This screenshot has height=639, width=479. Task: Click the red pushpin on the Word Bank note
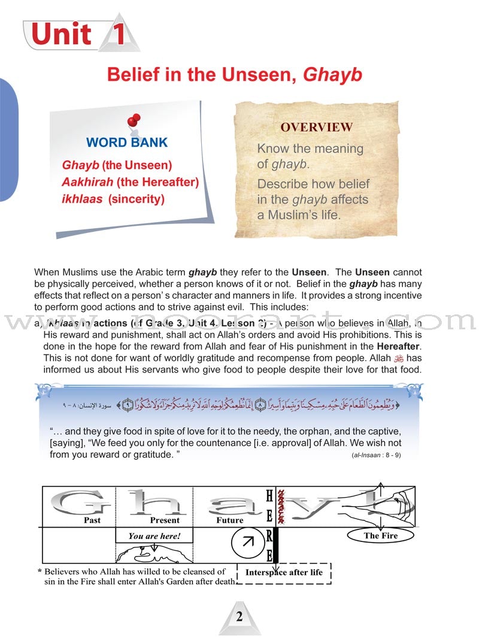[134, 120]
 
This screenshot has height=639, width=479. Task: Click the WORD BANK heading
[127, 143]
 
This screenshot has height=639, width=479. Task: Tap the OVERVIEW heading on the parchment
[317, 127]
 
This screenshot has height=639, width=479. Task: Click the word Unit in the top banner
[61, 34]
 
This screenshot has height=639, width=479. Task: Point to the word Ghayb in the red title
[333, 75]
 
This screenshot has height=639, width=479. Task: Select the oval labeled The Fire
[381, 535]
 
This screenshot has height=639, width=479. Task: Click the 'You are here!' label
[154, 536]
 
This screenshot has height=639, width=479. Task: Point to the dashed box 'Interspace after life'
[284, 573]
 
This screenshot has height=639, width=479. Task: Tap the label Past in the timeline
[92, 520]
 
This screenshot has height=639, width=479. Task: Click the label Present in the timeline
[165, 520]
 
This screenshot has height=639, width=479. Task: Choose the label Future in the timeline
[230, 520]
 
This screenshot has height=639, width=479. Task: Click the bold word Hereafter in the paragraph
[398, 346]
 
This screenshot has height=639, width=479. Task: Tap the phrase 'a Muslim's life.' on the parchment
[299, 215]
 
